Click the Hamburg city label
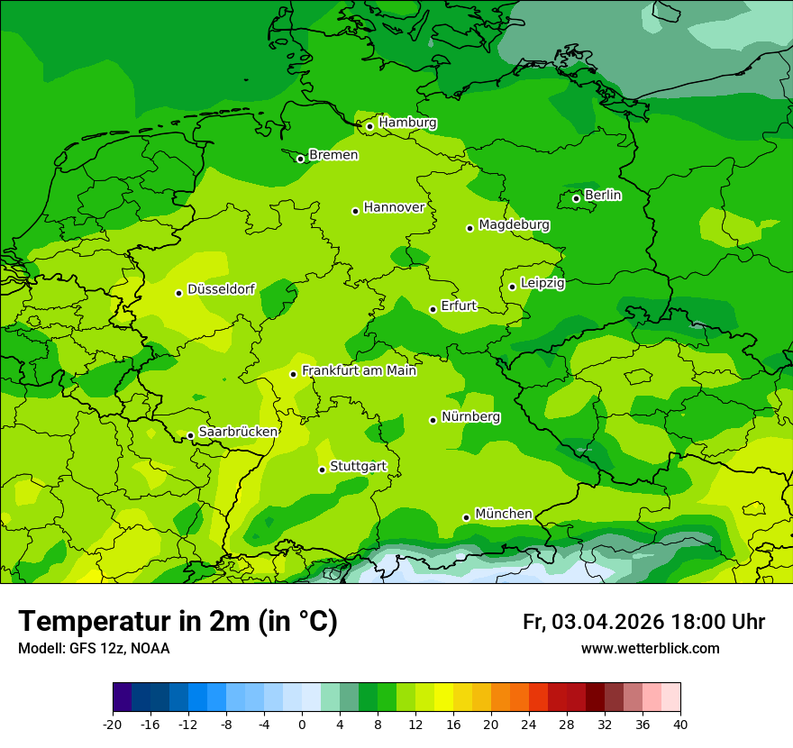pos(407,123)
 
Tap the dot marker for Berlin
pos(576,198)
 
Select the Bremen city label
pos(333,155)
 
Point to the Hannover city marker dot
pos(355,211)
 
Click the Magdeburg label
pos(514,224)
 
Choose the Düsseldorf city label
pos(221,289)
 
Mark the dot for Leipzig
pos(512,287)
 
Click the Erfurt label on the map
pos(459,306)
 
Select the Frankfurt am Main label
pos(359,370)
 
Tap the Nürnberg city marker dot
pos(433,420)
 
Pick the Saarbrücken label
pos(238,432)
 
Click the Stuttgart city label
pos(358,467)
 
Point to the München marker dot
pos(466,517)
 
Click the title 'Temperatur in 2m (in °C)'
pos(178,621)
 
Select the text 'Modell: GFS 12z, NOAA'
pos(94,648)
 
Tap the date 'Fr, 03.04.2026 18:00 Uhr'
pos(643,622)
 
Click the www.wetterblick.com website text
pos(650,648)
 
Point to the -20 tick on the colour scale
pos(113,724)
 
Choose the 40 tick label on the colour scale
pos(679,724)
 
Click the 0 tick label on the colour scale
pos(302,724)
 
